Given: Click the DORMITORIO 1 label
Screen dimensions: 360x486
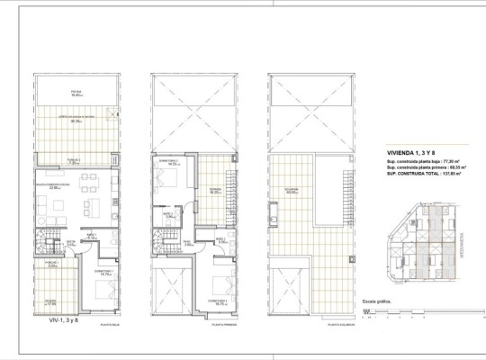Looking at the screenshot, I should tap(103, 271).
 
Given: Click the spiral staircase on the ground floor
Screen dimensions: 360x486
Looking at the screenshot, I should tap(47, 243).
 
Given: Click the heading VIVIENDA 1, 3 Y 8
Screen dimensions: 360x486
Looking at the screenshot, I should tap(392, 154).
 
